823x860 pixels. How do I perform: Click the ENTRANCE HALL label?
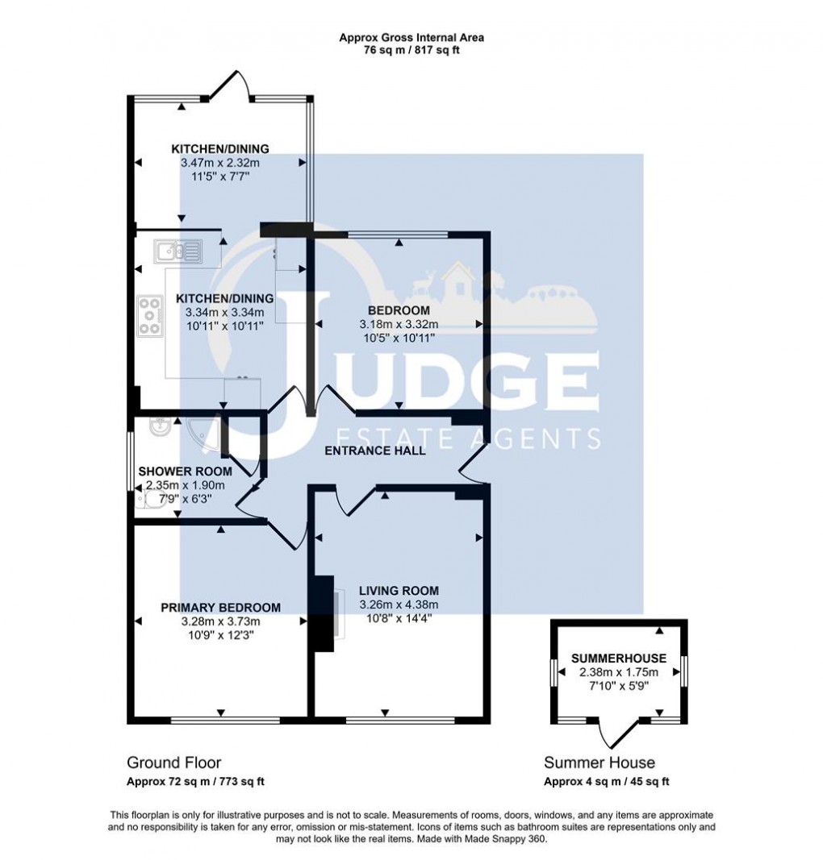(x=374, y=451)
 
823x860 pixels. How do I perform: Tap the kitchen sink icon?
(x=180, y=252)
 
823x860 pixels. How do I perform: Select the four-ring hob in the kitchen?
(x=150, y=315)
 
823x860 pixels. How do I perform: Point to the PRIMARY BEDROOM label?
(x=220, y=608)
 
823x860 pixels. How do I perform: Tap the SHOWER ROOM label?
(x=185, y=472)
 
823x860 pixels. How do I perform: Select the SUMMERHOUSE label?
(x=619, y=659)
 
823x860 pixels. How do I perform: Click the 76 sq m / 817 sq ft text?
(x=411, y=50)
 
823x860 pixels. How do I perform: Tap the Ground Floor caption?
(x=173, y=762)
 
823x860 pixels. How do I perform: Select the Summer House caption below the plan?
(x=599, y=762)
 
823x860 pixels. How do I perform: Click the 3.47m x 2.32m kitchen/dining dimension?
(x=219, y=162)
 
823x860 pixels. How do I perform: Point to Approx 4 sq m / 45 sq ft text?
(x=606, y=781)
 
